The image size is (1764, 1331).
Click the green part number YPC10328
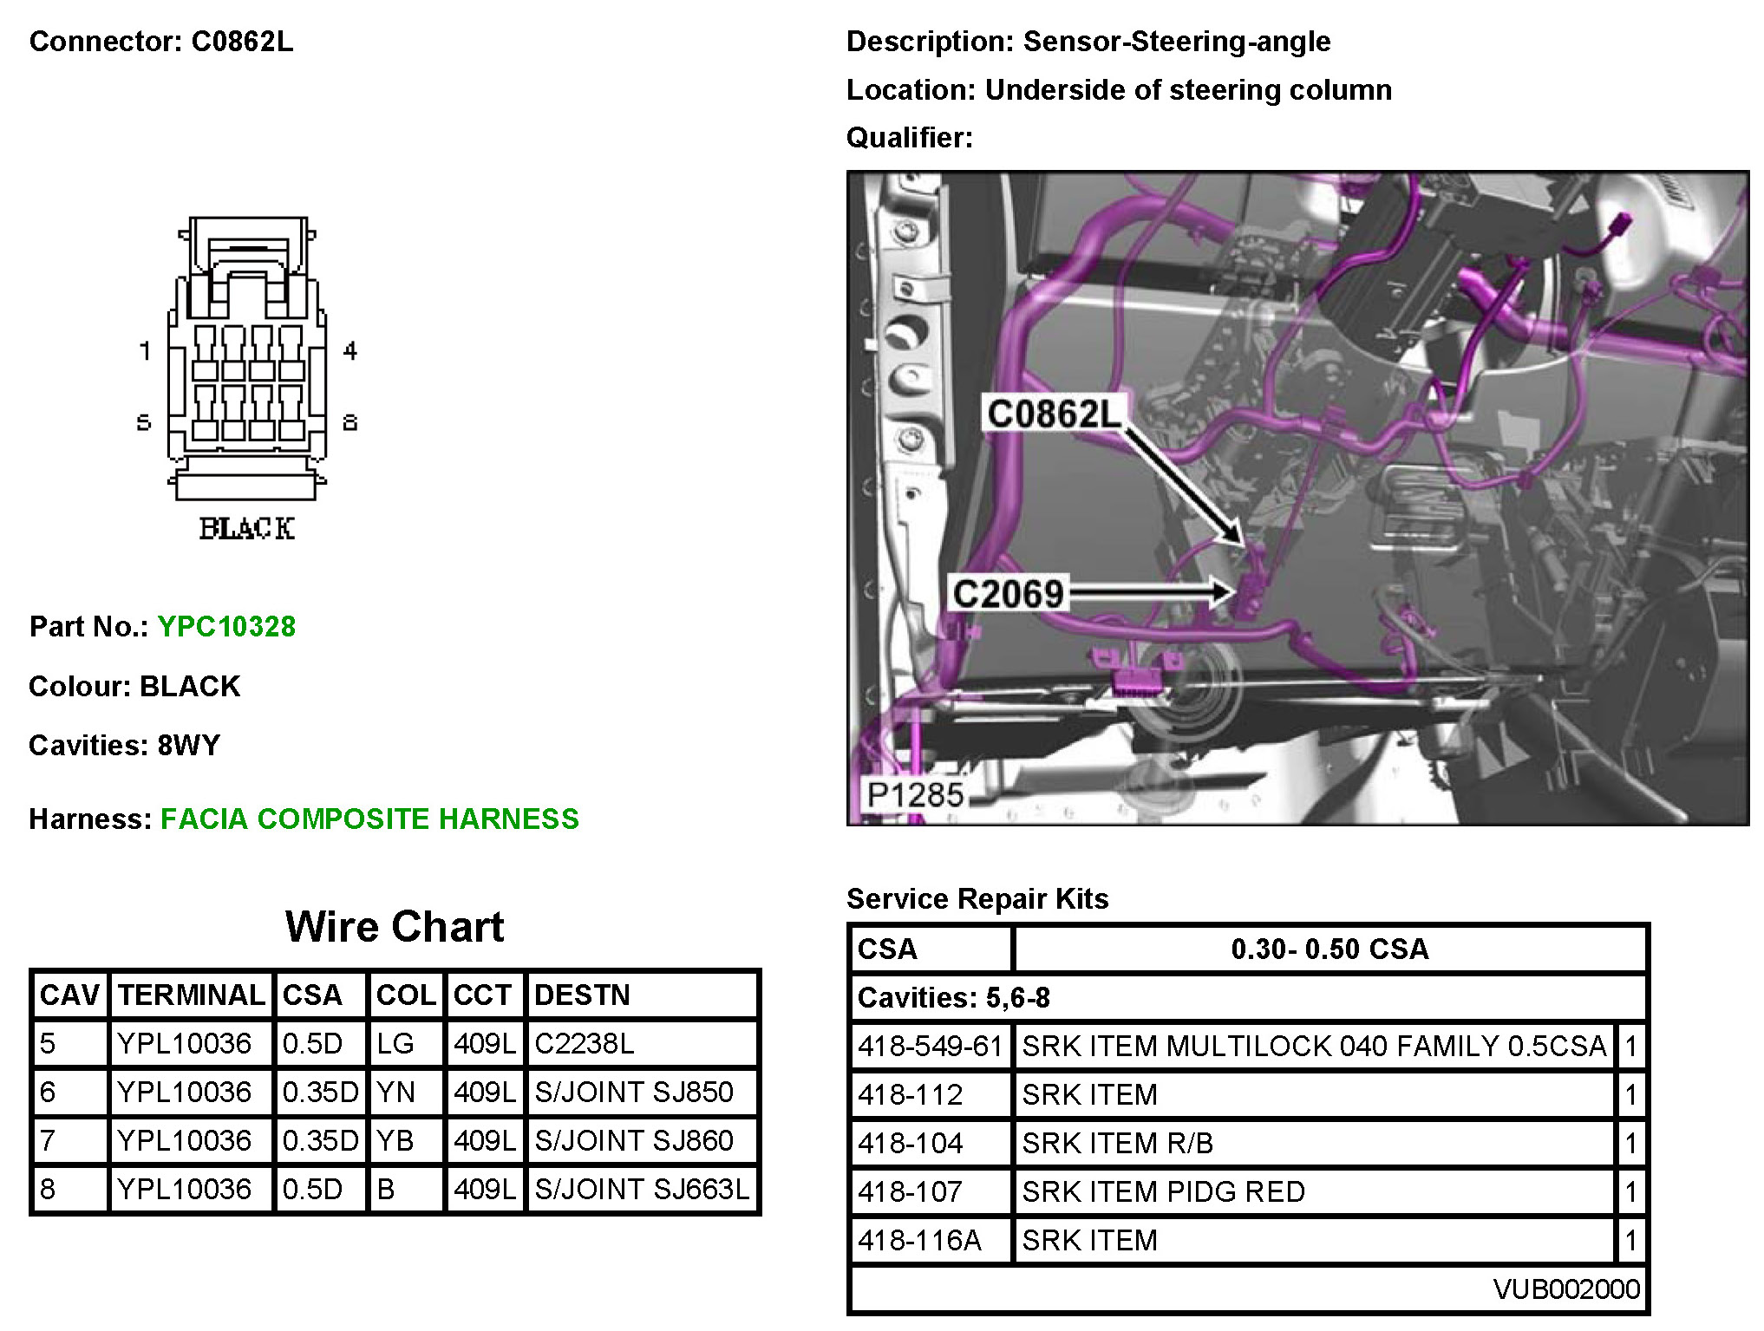tap(226, 626)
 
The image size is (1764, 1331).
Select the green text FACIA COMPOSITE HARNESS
tap(369, 819)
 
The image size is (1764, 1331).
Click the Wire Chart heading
tap(395, 926)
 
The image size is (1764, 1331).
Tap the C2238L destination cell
tap(585, 1043)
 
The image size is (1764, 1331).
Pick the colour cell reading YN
tap(396, 1092)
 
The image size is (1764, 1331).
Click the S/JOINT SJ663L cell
tap(642, 1189)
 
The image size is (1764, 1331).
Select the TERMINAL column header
tap(192, 995)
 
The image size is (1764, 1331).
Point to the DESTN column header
tap(582, 995)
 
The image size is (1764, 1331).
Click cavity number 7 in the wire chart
tap(48, 1140)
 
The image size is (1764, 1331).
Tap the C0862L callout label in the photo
tap(1054, 414)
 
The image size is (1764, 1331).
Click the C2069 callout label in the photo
tap(1008, 594)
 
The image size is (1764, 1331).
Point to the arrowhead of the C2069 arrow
tap(1223, 592)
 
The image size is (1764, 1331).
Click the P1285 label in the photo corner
tap(916, 794)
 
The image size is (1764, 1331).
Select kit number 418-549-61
tap(930, 1046)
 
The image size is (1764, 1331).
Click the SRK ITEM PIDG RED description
tap(1163, 1191)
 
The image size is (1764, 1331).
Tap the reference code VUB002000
tap(1566, 1289)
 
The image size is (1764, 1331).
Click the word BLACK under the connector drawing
tap(246, 528)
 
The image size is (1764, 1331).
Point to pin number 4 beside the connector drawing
tap(350, 350)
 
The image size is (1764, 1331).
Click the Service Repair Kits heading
tap(977, 898)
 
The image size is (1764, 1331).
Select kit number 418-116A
tap(919, 1240)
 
